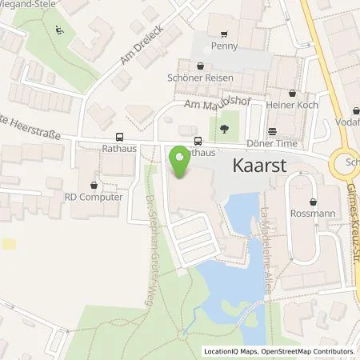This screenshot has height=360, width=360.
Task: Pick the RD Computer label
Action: [x=100, y=197]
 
